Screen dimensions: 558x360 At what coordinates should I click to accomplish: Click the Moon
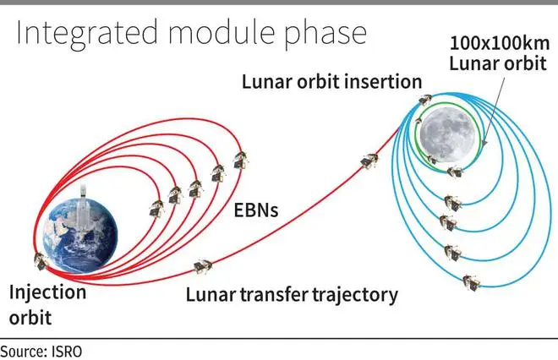[447, 134]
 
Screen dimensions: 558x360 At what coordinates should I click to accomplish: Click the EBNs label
[256, 210]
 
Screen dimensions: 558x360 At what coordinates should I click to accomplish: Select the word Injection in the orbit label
[47, 293]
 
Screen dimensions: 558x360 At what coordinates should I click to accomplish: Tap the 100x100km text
[500, 43]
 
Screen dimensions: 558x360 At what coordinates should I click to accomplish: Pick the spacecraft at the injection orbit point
[41, 261]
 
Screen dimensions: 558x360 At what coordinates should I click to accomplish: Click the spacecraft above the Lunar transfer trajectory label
[203, 266]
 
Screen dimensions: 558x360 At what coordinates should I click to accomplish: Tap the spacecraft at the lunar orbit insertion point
[425, 100]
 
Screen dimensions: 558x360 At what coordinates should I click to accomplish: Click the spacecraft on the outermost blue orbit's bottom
[471, 283]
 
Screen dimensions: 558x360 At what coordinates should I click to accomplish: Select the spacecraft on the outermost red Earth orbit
[241, 160]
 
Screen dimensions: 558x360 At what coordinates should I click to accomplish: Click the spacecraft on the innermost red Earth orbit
[156, 209]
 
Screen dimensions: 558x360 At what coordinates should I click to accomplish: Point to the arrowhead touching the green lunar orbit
[484, 142]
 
